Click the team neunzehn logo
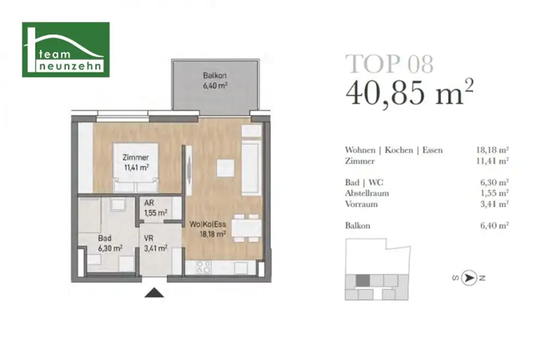click(x=66, y=50)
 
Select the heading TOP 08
click(x=389, y=64)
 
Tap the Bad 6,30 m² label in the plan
click(x=110, y=243)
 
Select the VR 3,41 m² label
click(x=154, y=243)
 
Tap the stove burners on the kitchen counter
click(x=203, y=268)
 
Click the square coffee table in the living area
click(x=225, y=168)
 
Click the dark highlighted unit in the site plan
click(x=362, y=281)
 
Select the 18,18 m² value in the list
click(x=492, y=150)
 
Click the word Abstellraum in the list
click(x=367, y=193)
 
